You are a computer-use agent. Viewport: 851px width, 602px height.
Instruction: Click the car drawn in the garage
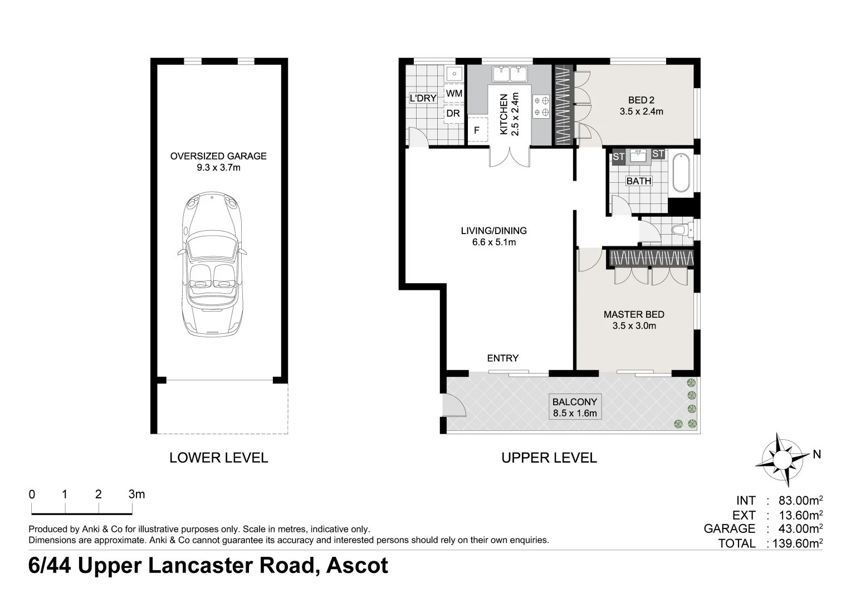[x=212, y=264]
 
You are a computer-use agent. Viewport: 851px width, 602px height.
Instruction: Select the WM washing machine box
[x=454, y=94]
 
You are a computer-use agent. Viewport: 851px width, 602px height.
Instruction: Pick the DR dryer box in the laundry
[x=453, y=113]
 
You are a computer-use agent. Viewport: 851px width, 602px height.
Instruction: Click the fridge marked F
[x=477, y=130]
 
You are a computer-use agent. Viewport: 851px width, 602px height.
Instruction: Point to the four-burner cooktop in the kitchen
[x=541, y=106]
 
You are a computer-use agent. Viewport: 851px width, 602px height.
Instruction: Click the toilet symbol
[x=682, y=230]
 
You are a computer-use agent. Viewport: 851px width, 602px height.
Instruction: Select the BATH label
[x=639, y=181]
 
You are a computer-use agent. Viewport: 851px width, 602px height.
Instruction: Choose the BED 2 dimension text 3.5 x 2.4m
[x=641, y=112]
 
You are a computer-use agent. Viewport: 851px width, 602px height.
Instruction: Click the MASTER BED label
[x=634, y=314]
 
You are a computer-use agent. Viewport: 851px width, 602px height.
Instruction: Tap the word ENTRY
[x=502, y=358]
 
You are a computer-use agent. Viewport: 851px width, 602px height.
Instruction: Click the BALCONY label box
[x=575, y=407]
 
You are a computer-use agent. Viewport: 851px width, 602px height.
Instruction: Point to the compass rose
[x=782, y=459]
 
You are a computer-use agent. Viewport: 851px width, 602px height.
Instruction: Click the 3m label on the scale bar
[x=136, y=494]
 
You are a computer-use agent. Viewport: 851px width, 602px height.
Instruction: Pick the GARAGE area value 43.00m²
[x=800, y=528]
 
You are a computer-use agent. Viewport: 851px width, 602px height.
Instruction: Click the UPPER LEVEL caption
[x=549, y=458]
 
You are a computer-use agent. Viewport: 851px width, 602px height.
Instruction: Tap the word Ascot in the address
[x=357, y=566]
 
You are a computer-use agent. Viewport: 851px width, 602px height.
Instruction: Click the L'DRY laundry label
[x=423, y=99]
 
